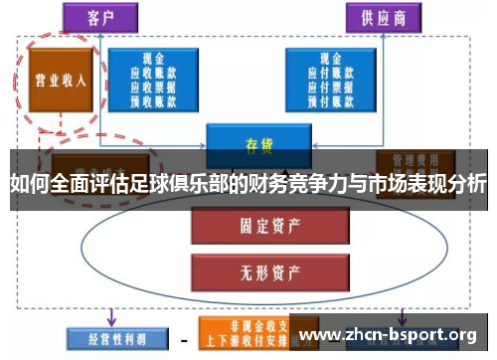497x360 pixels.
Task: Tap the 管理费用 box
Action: tap(415, 159)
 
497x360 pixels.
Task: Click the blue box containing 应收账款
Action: tap(157, 79)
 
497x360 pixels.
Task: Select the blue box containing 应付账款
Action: tap(330, 79)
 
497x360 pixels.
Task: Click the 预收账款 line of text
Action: tap(157, 98)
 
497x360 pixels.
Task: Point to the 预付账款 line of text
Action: tap(330, 98)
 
